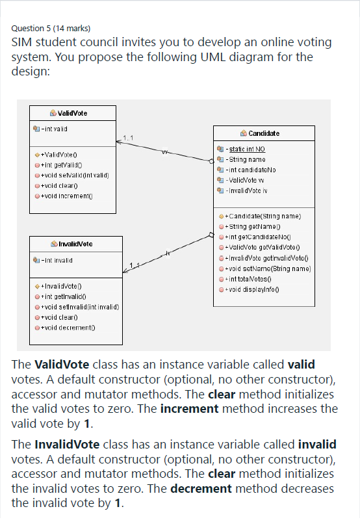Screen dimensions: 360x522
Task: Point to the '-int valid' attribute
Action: [55, 128]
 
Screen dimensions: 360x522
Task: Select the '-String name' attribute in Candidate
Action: [246, 159]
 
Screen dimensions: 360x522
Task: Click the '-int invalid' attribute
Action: [58, 259]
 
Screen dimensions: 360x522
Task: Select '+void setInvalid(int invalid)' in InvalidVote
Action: [79, 306]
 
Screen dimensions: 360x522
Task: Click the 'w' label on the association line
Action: [166, 153]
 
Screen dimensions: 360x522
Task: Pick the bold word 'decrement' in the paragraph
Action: [201, 488]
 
